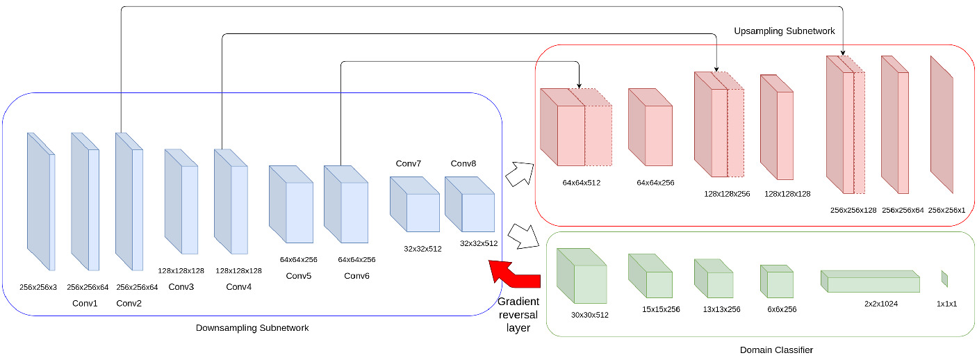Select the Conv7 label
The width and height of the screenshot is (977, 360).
409,163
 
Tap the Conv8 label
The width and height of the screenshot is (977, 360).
463,163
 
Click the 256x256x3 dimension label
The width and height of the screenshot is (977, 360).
38,286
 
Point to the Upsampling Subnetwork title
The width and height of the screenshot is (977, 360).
775,32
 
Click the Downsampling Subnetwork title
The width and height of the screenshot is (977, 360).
252,327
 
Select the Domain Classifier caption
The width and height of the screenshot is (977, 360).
776,349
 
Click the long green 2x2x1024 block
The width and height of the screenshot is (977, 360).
870,281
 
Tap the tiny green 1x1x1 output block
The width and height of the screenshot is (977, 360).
944,279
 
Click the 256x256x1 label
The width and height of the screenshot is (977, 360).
947,210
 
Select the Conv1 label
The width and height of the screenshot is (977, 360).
84,303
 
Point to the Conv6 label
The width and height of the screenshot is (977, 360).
356,276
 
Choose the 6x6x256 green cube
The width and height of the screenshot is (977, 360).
776,281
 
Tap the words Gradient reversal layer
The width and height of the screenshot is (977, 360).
519,314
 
